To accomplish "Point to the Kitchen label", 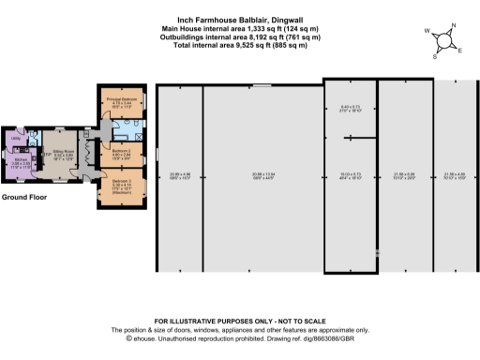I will [x=20, y=160].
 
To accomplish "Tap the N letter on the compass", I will [x=454, y=25].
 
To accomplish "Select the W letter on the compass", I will [x=427, y=31].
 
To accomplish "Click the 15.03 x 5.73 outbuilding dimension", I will [x=350, y=175].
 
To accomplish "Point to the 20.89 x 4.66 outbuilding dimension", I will [x=179, y=175].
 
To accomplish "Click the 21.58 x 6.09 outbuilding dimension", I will [x=406, y=175].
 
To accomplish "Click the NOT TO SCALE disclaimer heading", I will [x=239, y=322].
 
